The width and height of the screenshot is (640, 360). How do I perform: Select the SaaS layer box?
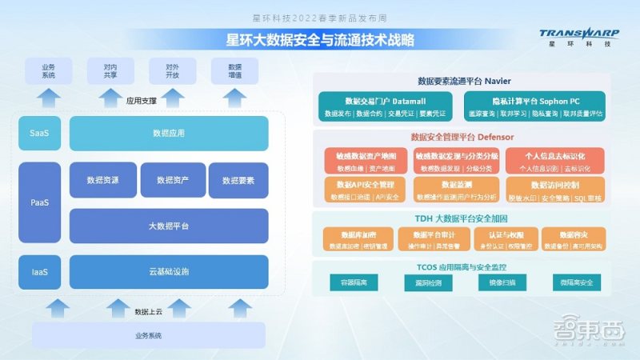[x=39, y=133]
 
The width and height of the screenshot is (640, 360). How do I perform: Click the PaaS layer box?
[x=39, y=202]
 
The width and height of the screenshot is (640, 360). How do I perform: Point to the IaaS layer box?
[x=39, y=272]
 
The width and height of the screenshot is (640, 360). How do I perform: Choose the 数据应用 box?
[x=169, y=133]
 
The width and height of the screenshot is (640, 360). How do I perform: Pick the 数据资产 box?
[x=172, y=180]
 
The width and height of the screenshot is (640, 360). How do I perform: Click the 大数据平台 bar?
[x=169, y=226]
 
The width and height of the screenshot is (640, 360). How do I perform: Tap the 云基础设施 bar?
[x=169, y=272]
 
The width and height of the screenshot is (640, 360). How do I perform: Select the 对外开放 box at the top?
[x=172, y=71]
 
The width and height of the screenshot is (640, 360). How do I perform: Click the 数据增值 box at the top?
[x=234, y=71]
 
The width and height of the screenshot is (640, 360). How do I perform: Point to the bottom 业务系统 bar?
[x=148, y=335]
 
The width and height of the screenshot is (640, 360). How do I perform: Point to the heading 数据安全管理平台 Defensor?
[x=462, y=137]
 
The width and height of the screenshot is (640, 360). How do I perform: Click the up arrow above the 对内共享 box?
[x=110, y=98]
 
